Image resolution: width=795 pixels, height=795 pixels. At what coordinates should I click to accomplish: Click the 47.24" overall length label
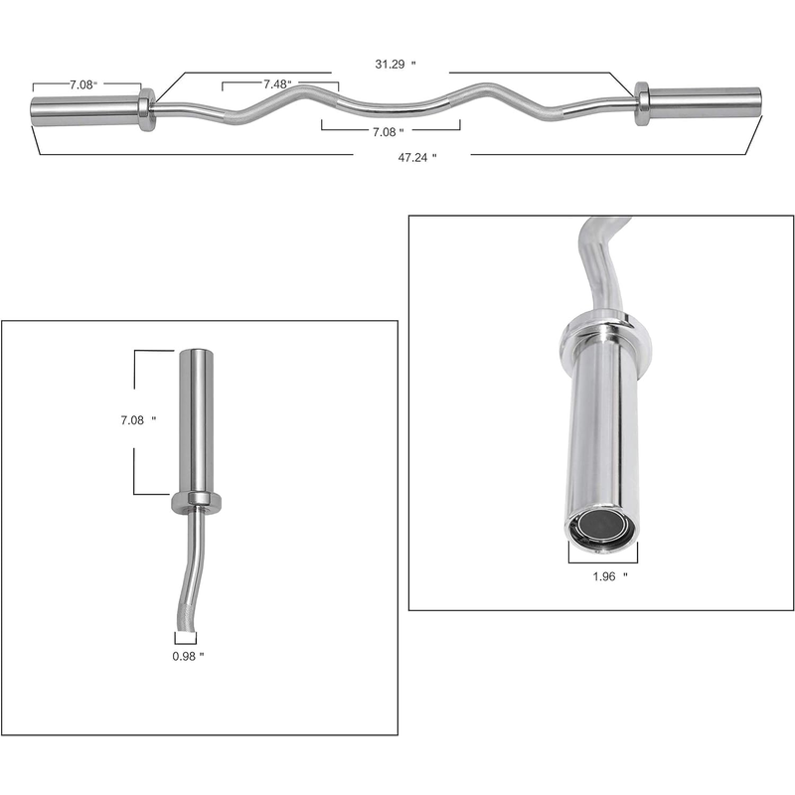416,157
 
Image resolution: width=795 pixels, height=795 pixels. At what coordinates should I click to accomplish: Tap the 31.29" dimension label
395,64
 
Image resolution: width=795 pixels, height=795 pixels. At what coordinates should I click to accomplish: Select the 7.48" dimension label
277,84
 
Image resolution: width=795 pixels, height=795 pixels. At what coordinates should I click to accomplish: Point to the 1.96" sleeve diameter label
610,576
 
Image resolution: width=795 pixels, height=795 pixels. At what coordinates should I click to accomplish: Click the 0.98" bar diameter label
188,656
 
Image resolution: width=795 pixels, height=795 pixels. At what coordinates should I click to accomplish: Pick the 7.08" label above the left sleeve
83,84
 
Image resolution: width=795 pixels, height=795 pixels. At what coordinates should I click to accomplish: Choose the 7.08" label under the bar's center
388,132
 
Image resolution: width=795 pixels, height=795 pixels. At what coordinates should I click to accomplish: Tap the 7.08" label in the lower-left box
138,419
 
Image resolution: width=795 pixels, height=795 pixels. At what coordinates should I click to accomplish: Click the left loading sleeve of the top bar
85,110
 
